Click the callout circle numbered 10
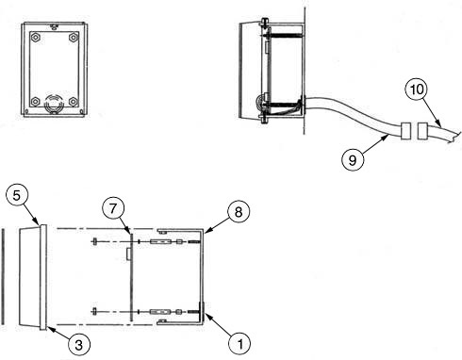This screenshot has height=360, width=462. coord(417,90)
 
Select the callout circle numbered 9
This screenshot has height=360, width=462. coord(353,160)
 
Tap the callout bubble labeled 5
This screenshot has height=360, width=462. coord(17,195)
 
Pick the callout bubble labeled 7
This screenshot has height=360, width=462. coord(113,209)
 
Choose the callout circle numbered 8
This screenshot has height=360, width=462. coord(239,212)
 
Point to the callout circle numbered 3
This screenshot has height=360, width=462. coord(78,344)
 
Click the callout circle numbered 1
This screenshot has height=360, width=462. coord(239,344)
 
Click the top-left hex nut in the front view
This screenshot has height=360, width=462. coord(36,38)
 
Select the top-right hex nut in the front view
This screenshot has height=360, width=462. coord(74,38)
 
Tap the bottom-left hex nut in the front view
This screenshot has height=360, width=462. coord(36,102)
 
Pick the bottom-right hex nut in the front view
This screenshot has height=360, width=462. coord(74,102)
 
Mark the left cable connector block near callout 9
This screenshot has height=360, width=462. coord(405,131)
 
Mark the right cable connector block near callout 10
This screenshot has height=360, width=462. coord(422,131)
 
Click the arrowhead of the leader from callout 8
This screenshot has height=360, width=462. coord(205,233)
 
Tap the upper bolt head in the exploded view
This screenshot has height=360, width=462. coord(94,242)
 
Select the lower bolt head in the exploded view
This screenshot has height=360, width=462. coord(94,312)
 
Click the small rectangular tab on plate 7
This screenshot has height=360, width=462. coord(128,254)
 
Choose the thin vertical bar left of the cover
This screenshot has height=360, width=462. coord(3,277)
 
